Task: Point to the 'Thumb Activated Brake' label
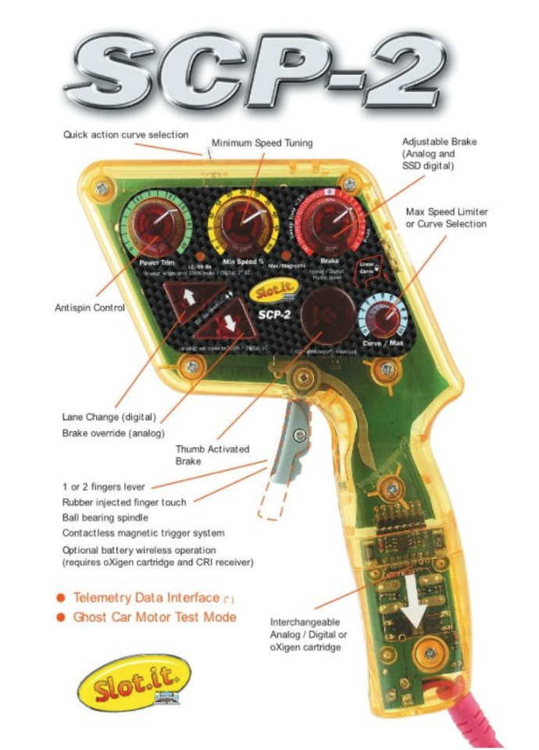pos(212,454)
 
